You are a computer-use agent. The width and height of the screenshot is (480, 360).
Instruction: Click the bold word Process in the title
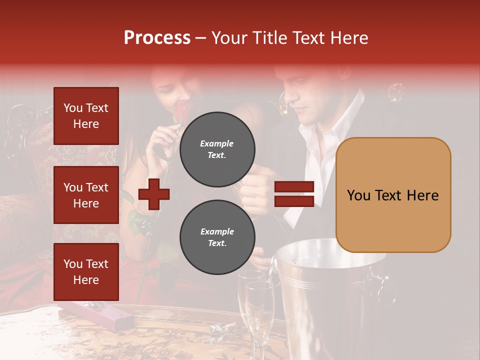point(157,38)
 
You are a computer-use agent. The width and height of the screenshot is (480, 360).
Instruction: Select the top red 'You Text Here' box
point(86,116)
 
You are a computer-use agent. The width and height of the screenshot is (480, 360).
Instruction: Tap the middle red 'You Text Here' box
point(86,195)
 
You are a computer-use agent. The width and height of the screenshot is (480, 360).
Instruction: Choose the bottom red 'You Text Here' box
point(86,272)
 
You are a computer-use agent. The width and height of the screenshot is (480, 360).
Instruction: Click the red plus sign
point(154,194)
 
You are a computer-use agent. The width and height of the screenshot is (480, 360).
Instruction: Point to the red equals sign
point(294,194)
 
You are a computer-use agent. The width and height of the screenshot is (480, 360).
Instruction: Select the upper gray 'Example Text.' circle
point(217,149)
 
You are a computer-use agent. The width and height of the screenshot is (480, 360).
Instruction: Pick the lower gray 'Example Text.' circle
point(217,237)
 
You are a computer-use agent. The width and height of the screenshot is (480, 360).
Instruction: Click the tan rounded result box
point(393,195)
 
